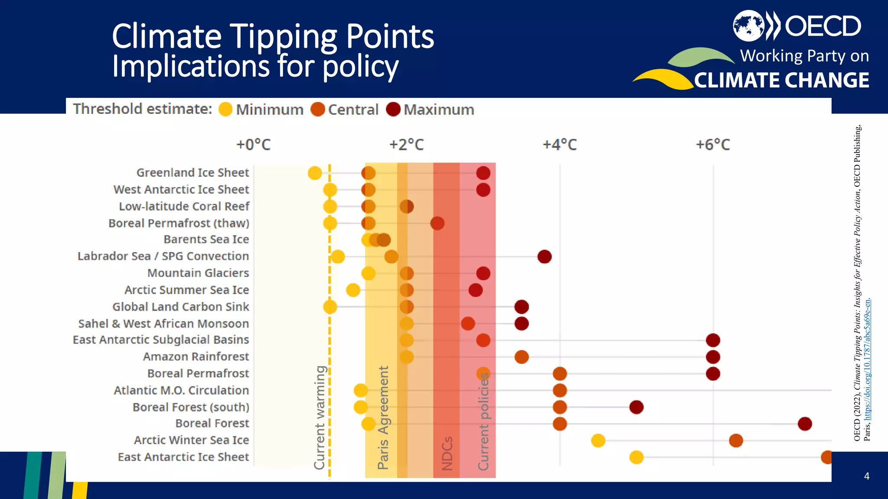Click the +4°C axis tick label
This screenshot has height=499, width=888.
(x=560, y=145)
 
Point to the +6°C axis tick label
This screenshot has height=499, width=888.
(x=713, y=145)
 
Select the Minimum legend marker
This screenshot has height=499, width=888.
(x=225, y=110)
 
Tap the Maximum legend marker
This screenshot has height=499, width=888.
(x=393, y=110)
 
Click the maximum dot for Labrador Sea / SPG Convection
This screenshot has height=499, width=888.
(x=544, y=256)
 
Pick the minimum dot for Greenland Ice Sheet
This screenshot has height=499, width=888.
(x=315, y=173)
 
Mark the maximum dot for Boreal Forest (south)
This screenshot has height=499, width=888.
(x=636, y=407)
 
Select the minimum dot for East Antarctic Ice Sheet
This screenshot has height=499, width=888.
(x=636, y=457)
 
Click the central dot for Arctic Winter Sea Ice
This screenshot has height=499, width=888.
(x=736, y=441)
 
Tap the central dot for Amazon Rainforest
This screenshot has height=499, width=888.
(x=521, y=357)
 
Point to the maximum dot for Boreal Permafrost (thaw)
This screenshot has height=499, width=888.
(x=437, y=224)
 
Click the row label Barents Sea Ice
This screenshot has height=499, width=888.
(x=206, y=240)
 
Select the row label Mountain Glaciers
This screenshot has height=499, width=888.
(x=198, y=273)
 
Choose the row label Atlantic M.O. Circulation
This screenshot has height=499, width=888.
(x=181, y=390)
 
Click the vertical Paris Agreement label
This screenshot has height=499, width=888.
(x=383, y=418)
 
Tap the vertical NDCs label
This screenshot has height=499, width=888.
(x=447, y=453)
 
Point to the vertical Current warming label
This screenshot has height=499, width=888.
(x=320, y=418)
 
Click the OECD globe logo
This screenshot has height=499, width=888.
(x=748, y=26)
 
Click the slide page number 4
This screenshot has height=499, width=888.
(x=866, y=476)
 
